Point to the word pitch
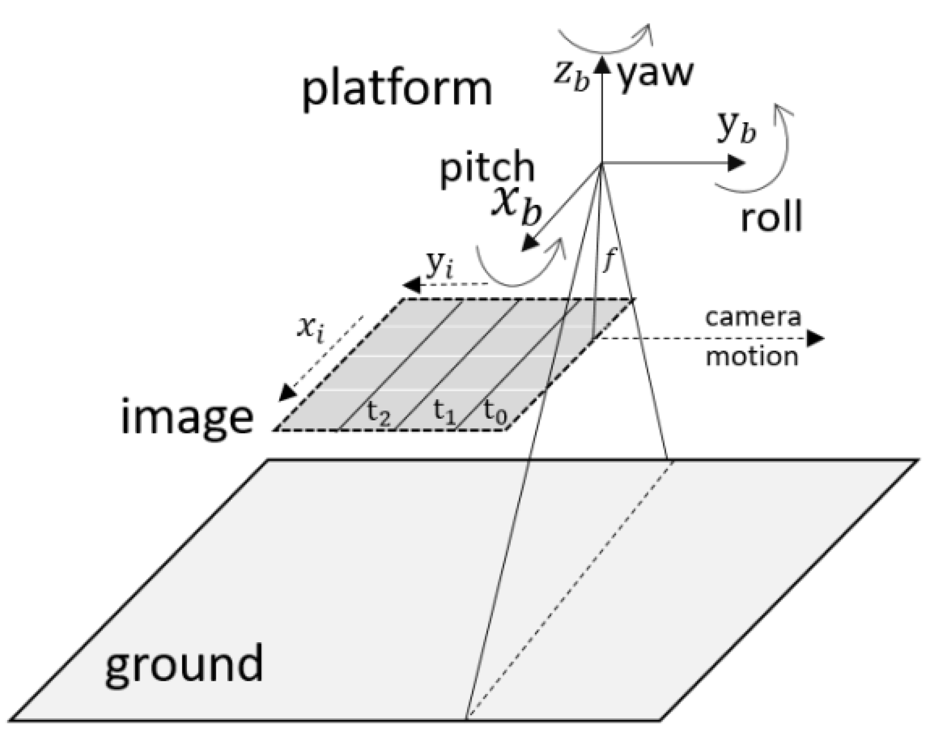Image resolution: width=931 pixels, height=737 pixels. pos(487,168)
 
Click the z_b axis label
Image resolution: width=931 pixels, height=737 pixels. pos(572,77)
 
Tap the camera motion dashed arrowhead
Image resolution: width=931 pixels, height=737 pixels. pos(815,338)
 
